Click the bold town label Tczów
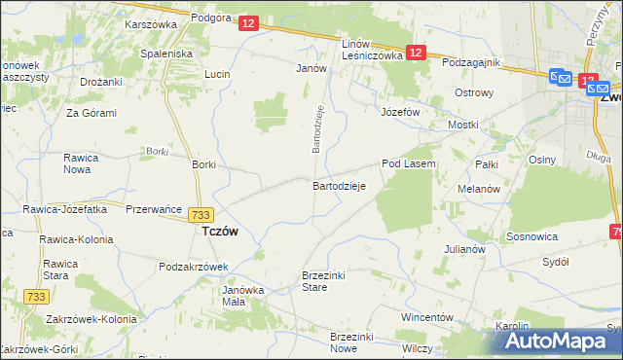[220, 233]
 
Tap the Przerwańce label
[156, 207]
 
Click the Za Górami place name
[92, 113]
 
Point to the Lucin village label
[217, 74]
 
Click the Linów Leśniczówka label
[372, 51]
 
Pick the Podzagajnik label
[470, 62]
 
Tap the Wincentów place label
[427, 317]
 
